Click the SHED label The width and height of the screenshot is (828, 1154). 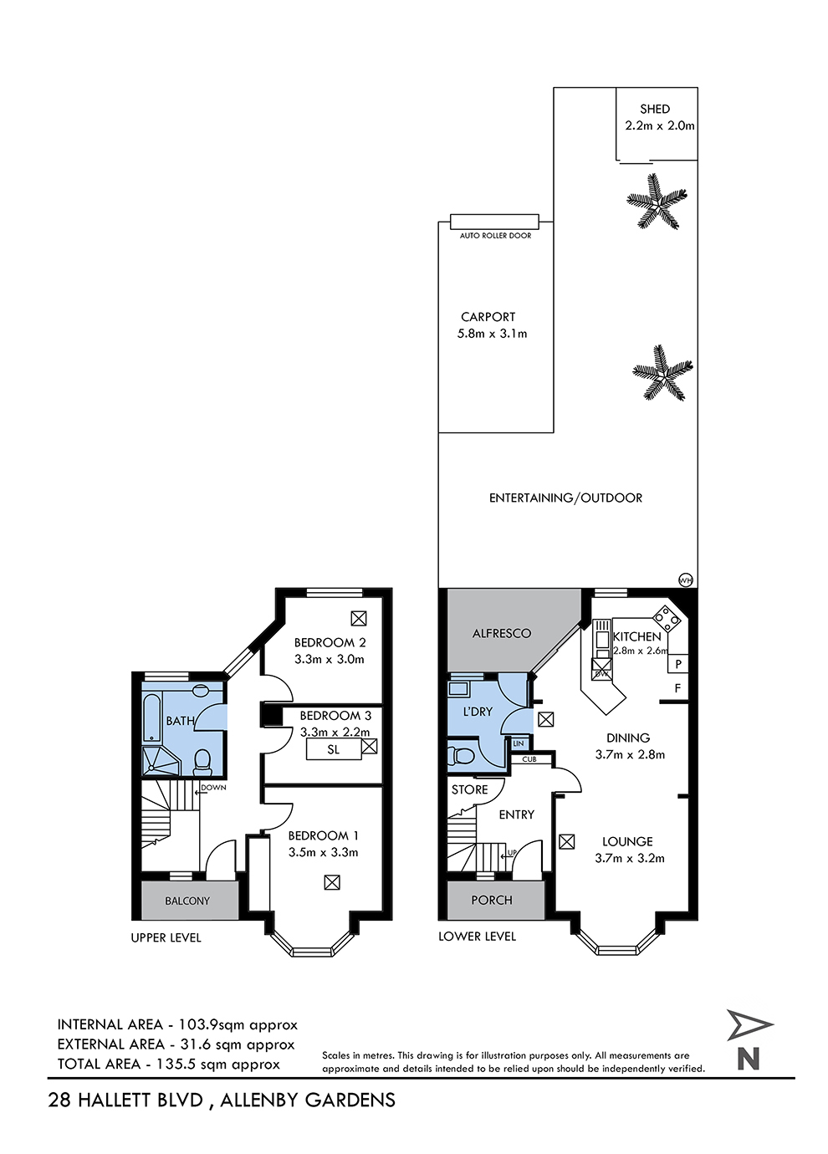655,109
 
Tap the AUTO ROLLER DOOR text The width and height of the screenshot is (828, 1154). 495,236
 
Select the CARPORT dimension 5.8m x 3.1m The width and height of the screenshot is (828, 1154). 492,334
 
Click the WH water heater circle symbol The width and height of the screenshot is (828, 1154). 686,580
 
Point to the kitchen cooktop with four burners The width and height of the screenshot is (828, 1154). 666,618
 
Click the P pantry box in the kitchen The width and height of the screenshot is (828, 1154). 678,664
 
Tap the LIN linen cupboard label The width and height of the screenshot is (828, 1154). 519,743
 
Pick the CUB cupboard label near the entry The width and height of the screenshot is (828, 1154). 529,758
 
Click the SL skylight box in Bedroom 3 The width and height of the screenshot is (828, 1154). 334,749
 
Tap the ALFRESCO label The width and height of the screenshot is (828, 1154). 501,633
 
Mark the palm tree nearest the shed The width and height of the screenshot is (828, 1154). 657,201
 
